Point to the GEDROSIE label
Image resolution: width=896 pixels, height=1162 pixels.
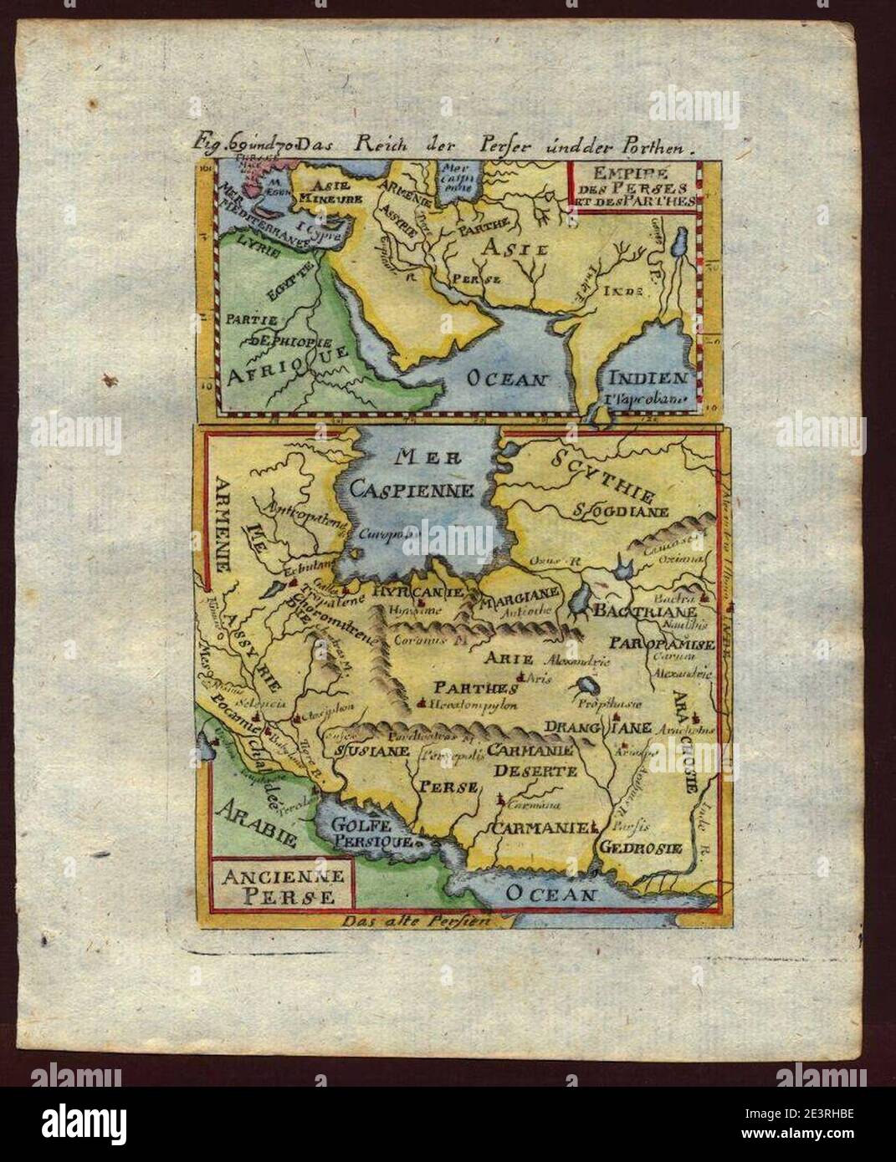tap(651, 848)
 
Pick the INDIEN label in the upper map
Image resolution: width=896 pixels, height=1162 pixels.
tap(648, 378)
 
